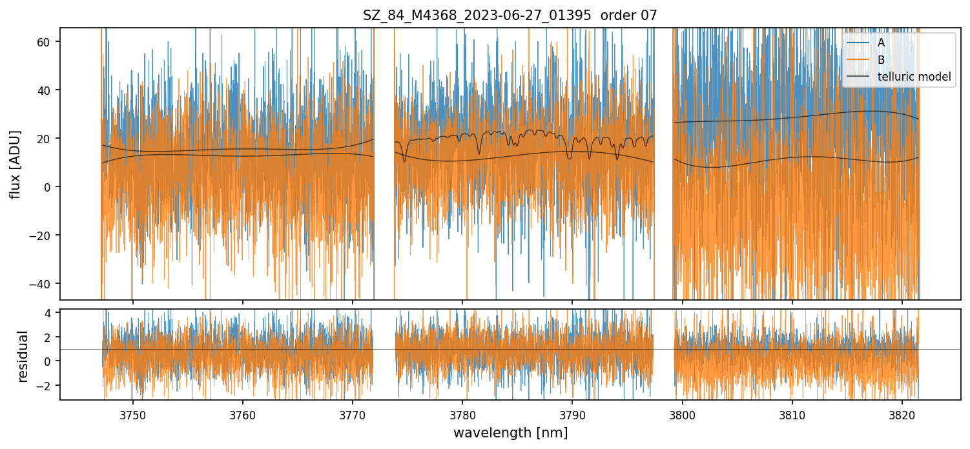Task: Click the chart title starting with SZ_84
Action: pyautogui.click(x=510, y=15)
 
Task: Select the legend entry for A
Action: pyautogui.click(x=881, y=43)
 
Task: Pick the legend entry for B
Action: pyautogui.click(x=881, y=60)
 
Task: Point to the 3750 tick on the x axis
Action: pyautogui.click(x=132, y=414)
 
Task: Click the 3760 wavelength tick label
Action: pyautogui.click(x=243, y=414)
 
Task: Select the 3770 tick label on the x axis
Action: pyautogui.click(x=353, y=414)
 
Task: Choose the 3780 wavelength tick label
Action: pyautogui.click(x=462, y=414)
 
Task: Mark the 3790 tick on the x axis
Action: pyautogui.click(x=573, y=414)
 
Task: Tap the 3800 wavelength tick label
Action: pyautogui.click(x=683, y=414)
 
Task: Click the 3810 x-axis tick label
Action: pyautogui.click(x=792, y=414)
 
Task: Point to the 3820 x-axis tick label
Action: pyautogui.click(x=902, y=414)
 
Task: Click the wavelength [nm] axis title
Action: pyautogui.click(x=510, y=433)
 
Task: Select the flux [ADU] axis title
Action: pyautogui.click(x=15, y=164)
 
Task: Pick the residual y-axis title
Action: pyautogui.click(x=23, y=356)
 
